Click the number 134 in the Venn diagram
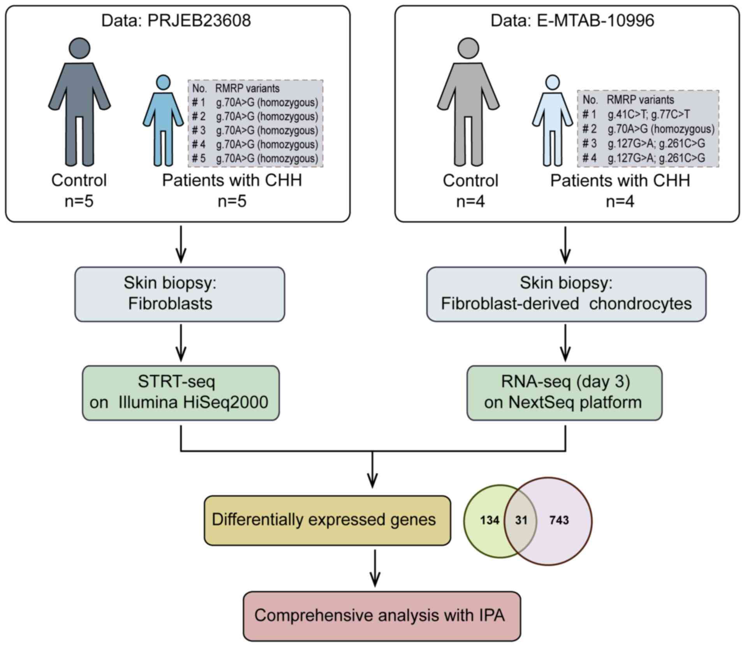point(489,520)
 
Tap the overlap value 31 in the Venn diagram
point(521,520)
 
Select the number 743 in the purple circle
point(559,520)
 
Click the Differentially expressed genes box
point(327,520)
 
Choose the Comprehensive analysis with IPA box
point(382,616)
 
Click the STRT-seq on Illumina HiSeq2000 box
point(180,393)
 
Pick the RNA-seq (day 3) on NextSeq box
point(564,393)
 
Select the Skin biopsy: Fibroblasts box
point(180,294)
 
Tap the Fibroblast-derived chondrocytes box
point(566,294)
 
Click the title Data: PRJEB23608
point(176,21)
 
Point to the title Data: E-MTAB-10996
point(572,21)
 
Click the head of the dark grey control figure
point(79,48)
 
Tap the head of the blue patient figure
point(163,83)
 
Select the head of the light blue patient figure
point(553,83)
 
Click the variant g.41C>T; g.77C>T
point(649,115)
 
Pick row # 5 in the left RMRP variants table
point(255,159)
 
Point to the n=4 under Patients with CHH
point(620,201)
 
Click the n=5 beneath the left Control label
point(79,201)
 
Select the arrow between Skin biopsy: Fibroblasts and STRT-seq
point(181,343)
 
